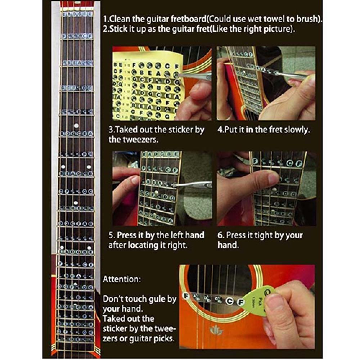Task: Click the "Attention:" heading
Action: [121, 279]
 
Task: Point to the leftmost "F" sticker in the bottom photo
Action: [186, 296]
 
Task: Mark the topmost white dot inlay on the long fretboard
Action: [76, 126]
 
